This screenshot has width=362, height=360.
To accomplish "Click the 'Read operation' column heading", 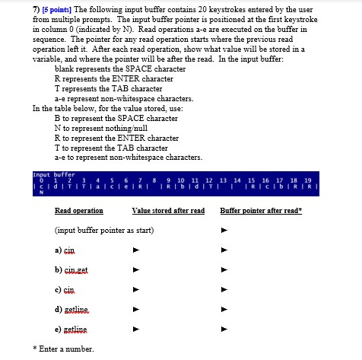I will pos(78,210).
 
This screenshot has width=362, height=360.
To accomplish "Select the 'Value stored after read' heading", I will pos(168,210).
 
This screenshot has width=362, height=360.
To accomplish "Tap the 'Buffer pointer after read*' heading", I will pos(261,210).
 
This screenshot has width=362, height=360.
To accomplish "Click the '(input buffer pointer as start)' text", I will pos(104,229).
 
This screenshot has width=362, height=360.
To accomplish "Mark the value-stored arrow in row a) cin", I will pos(135,249).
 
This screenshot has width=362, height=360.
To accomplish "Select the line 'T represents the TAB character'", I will pos(109,88).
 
